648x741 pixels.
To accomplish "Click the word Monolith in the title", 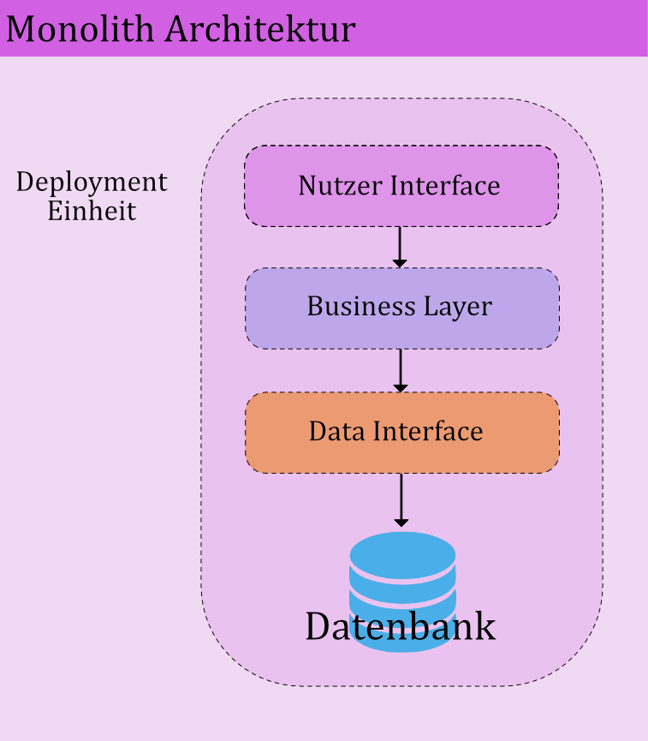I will click(81, 29).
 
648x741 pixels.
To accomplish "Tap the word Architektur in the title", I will click(260, 29).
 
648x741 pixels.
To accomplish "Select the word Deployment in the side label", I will click(92, 182).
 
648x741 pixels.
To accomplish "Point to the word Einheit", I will click(92, 211).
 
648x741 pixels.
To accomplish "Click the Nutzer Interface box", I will click(401, 186).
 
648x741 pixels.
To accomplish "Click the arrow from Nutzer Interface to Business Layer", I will click(400, 247).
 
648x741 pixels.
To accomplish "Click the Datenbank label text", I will click(400, 626).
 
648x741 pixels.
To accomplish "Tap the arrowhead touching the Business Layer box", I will click(400, 262).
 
